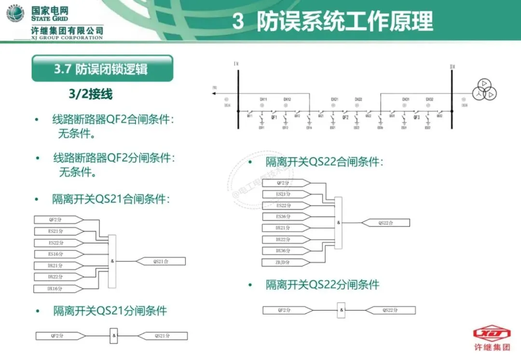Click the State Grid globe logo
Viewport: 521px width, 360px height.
(15, 14)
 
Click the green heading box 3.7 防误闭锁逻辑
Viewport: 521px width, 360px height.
(102, 69)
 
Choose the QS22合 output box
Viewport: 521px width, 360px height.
(385, 222)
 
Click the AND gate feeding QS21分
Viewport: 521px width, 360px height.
(114, 335)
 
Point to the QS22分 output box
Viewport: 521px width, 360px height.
(390, 310)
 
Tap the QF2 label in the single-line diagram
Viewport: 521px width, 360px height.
(345, 117)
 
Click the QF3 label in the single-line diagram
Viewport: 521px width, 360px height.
(417, 117)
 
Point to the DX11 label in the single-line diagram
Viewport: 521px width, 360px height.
(263, 99)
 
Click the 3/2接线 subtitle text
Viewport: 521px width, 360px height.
(91, 94)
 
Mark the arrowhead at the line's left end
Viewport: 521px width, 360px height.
(216, 94)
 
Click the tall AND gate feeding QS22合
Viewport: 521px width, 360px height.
(338, 222)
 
